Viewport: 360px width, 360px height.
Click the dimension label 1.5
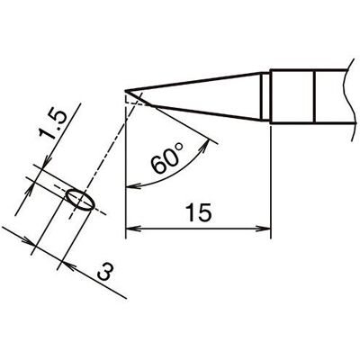click(x=52, y=124)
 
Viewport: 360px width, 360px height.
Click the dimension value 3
click(x=106, y=272)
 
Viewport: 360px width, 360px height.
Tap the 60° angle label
click(x=166, y=159)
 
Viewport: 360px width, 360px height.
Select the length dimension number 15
click(x=198, y=212)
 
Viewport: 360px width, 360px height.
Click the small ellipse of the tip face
click(x=80, y=200)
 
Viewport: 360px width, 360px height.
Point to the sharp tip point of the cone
click(x=125, y=90)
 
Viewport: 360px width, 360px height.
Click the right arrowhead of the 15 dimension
click(x=265, y=229)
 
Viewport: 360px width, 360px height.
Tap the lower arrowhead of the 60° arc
click(x=132, y=186)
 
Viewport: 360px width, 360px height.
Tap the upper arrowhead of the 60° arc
click(x=206, y=144)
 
